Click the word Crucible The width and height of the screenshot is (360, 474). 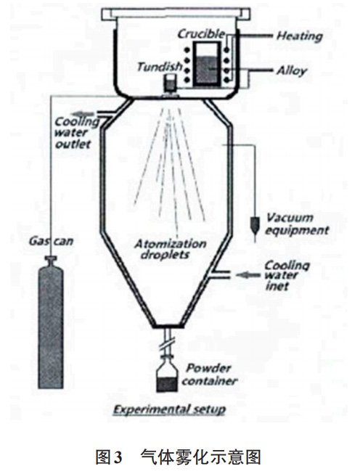click(x=197, y=33)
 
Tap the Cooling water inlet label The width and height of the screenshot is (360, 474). click(x=286, y=276)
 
